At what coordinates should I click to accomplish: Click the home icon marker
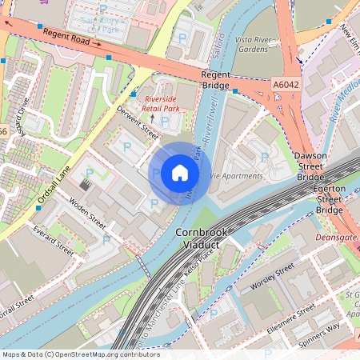click(x=180, y=173)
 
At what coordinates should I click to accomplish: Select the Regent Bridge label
click(x=216, y=79)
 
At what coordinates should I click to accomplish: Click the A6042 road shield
click(x=286, y=83)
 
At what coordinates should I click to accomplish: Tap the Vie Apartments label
click(x=235, y=176)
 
